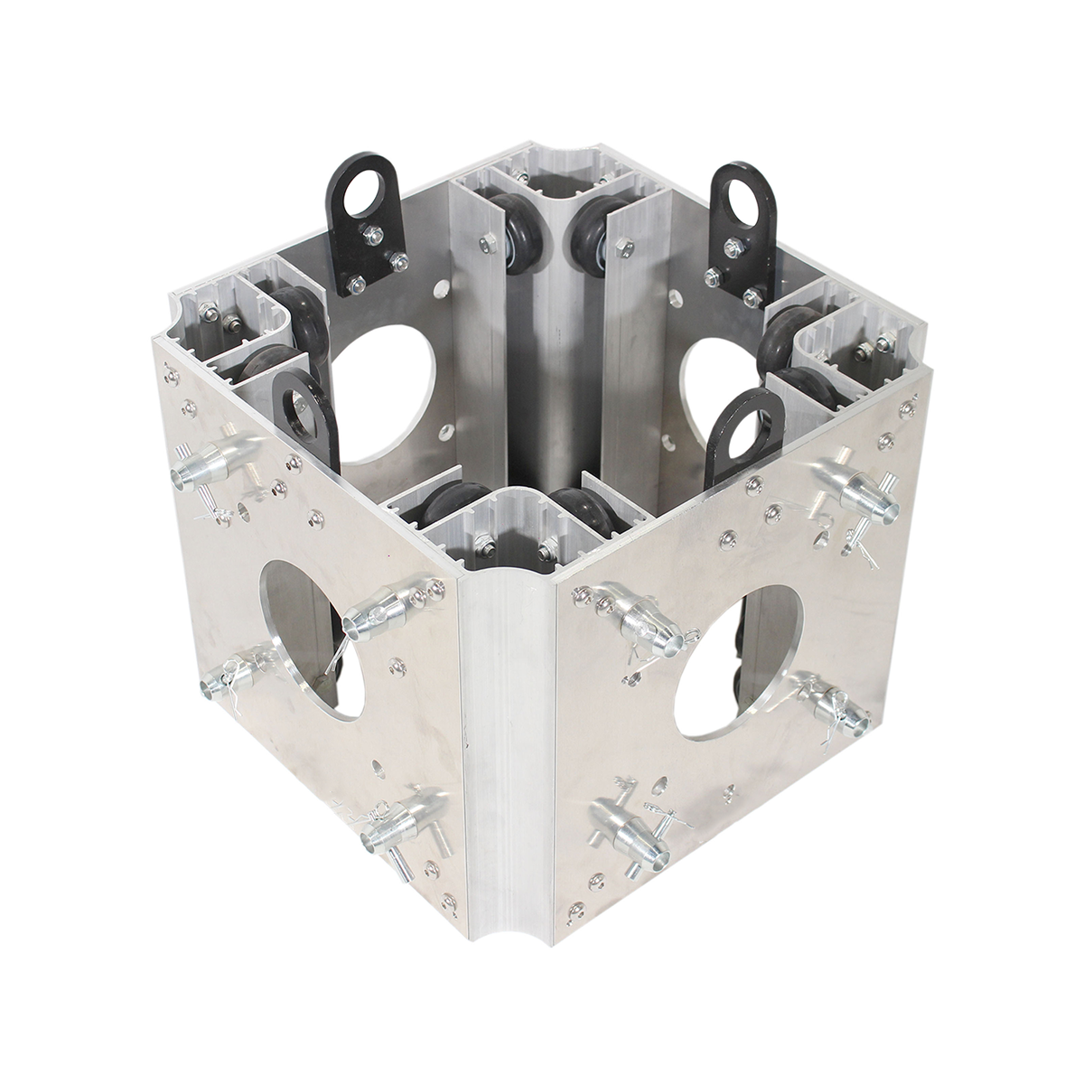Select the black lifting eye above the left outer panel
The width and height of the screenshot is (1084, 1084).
pyautogui.click(x=302, y=415)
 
